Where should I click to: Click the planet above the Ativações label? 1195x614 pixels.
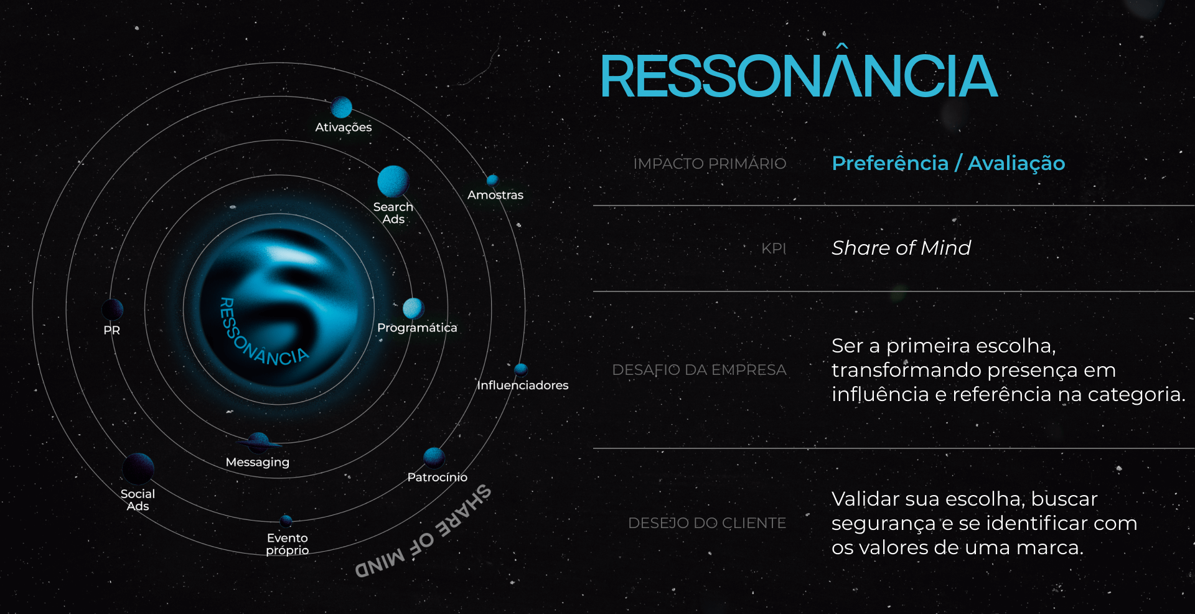[x=341, y=107]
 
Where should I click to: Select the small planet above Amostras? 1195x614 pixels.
[x=492, y=180]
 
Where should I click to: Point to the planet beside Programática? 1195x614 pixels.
[x=413, y=308]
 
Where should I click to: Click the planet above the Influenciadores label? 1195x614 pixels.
[x=521, y=369]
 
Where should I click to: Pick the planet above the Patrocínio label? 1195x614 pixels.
[x=434, y=458]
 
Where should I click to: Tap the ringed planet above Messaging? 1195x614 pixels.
[x=258, y=443]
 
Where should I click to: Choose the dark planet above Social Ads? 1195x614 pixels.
[x=138, y=468]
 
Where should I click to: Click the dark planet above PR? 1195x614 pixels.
[x=113, y=309]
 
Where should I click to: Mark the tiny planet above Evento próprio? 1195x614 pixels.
[x=286, y=521]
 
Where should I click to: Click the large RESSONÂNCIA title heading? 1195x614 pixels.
[x=798, y=77]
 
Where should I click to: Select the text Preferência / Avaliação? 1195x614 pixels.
[x=948, y=163]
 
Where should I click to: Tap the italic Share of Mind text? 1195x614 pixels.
[x=901, y=248]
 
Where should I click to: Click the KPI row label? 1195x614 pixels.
[x=774, y=248]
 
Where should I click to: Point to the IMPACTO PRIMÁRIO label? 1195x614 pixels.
[x=710, y=164]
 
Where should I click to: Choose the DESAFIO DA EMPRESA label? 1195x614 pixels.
[x=699, y=370]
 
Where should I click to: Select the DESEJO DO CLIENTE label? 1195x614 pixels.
[x=706, y=523]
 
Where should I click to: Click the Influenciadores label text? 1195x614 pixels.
[x=523, y=385]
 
